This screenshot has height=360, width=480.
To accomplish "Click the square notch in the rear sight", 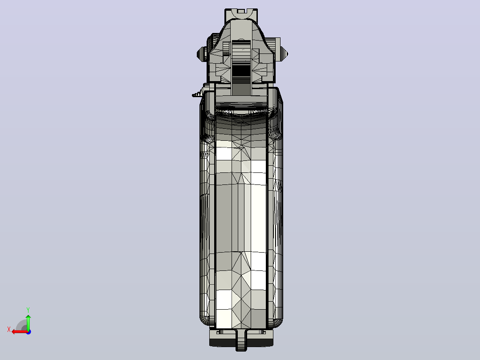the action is [x=241, y=11].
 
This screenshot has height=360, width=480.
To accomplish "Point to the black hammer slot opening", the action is [x=241, y=70].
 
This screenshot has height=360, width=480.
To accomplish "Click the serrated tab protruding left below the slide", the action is [x=197, y=94].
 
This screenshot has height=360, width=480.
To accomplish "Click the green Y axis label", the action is [x=28, y=310].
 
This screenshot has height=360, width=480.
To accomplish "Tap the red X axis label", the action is [x=9, y=330].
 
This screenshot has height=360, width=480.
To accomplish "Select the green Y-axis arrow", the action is [x=28, y=322].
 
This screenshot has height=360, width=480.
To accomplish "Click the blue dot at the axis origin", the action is [x=28, y=332].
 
